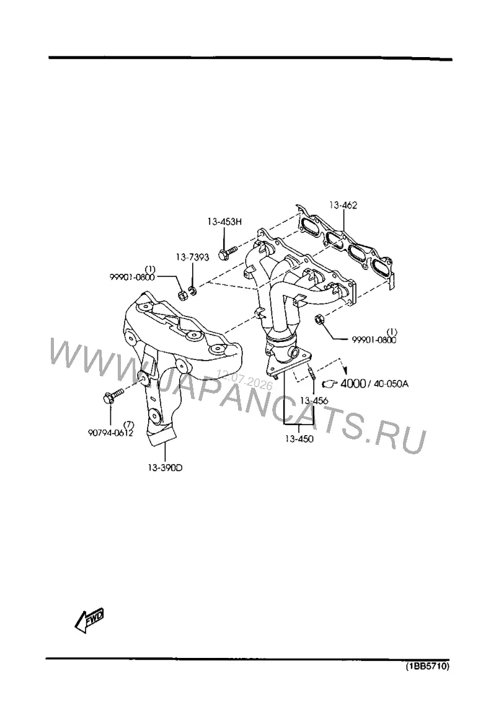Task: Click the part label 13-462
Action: [x=343, y=205]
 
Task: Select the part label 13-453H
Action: [x=224, y=221]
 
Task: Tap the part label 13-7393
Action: [x=192, y=258]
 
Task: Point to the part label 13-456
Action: [x=314, y=400]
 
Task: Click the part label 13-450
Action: [x=299, y=439]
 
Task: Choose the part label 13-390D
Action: [x=166, y=468]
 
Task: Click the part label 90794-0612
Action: [x=110, y=433]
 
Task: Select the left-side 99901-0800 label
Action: [x=133, y=277]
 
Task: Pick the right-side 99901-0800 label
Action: [x=374, y=340]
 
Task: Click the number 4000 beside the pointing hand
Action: [x=353, y=384]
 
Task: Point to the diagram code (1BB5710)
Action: [x=427, y=667]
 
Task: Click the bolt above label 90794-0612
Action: [x=113, y=397]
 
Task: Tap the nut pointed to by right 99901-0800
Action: [x=319, y=319]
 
